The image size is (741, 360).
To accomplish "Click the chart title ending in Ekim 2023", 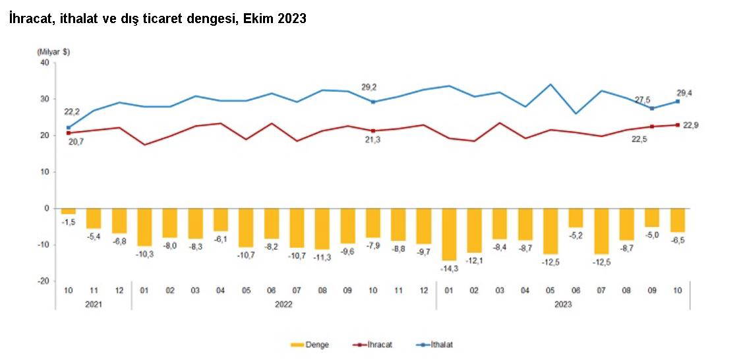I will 158,19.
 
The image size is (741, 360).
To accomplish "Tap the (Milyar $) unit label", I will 53,51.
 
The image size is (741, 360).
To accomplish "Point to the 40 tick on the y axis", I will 45,63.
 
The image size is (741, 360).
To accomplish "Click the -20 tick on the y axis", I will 44,281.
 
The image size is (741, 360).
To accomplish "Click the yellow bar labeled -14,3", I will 449,234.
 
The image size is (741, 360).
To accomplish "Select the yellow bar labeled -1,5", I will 68,211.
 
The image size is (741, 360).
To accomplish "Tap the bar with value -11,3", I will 322,229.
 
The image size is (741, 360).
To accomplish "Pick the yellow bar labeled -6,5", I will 677,220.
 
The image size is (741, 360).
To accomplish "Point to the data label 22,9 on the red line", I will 690,125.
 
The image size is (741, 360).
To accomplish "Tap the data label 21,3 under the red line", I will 373,140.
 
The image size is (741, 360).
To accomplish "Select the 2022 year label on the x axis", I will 283,304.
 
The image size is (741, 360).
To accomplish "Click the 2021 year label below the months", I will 93,304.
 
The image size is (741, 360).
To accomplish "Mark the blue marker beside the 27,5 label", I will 652,108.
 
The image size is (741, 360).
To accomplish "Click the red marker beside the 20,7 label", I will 68,133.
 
